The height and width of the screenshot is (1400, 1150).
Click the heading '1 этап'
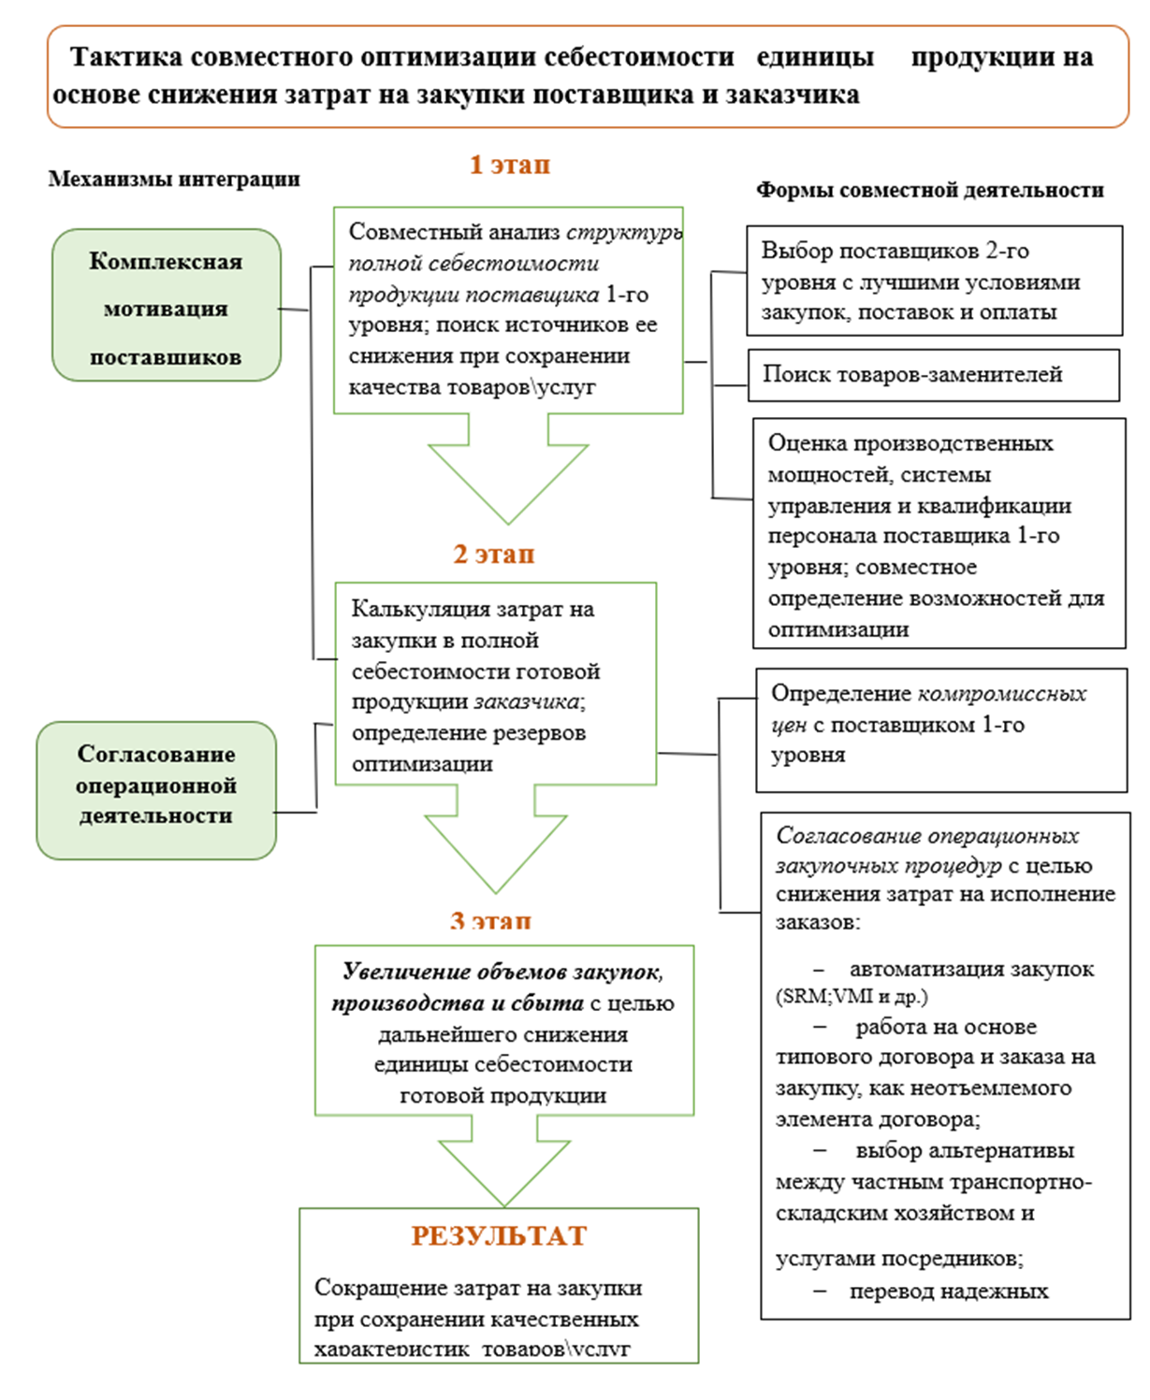pyautogui.click(x=510, y=165)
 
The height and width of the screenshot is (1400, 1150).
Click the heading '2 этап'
pyautogui.click(x=494, y=555)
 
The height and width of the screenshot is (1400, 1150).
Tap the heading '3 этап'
pyautogui.click(x=490, y=922)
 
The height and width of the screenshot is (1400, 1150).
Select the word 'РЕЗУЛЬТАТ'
pyautogui.click(x=499, y=1236)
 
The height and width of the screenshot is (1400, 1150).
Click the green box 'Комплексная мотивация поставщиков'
pyautogui.click(x=167, y=306)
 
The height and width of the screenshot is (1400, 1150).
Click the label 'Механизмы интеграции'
pyautogui.click(x=175, y=179)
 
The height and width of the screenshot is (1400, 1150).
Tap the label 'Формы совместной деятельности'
pyautogui.click(x=929, y=191)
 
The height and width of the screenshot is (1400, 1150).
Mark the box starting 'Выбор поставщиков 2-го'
pyautogui.click(x=934, y=281)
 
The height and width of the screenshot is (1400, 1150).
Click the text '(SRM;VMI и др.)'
pyautogui.click(x=852, y=997)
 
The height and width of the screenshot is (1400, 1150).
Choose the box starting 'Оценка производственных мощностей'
pyautogui.click(x=939, y=533)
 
